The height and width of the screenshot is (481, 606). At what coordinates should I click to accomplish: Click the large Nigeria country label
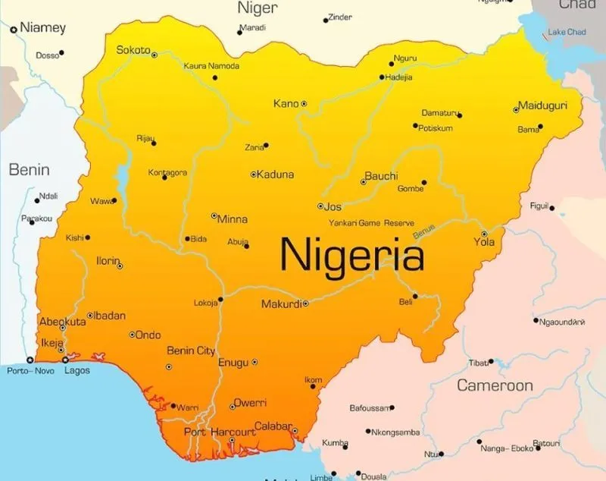pyautogui.click(x=352, y=254)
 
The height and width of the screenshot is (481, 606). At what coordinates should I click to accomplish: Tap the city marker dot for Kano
pyautogui.click(x=304, y=103)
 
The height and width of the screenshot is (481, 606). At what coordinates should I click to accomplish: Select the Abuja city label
pyautogui.click(x=237, y=242)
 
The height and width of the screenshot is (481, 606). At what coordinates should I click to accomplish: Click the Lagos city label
pyautogui.click(x=77, y=371)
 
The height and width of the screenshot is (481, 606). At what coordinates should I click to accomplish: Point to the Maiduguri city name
pyautogui.click(x=543, y=105)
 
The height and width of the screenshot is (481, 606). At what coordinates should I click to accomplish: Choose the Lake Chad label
pyautogui.click(x=567, y=32)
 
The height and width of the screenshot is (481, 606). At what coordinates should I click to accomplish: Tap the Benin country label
pyautogui.click(x=29, y=170)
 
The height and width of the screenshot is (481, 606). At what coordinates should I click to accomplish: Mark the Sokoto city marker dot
pyautogui.click(x=155, y=55)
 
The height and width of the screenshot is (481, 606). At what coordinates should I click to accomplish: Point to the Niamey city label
pyautogui.click(x=42, y=28)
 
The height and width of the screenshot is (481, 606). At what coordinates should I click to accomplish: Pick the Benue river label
pyautogui.click(x=424, y=233)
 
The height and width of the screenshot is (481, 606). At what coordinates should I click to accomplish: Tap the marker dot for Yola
pyautogui.click(x=484, y=234)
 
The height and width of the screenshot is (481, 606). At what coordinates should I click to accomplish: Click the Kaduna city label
pyautogui.click(x=275, y=174)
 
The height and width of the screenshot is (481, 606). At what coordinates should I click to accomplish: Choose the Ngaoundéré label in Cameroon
pyautogui.click(x=562, y=322)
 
